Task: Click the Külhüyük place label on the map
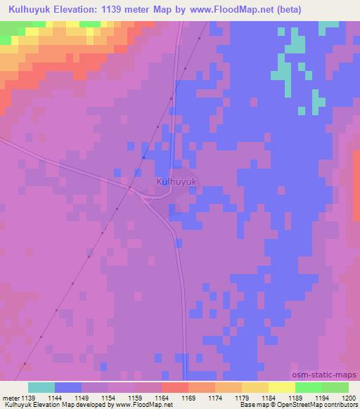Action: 175,181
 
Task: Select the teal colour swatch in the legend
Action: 41,387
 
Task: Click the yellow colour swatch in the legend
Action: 282,387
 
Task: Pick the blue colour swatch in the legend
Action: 68,387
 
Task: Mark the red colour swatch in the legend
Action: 175,387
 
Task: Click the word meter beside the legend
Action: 11,397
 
